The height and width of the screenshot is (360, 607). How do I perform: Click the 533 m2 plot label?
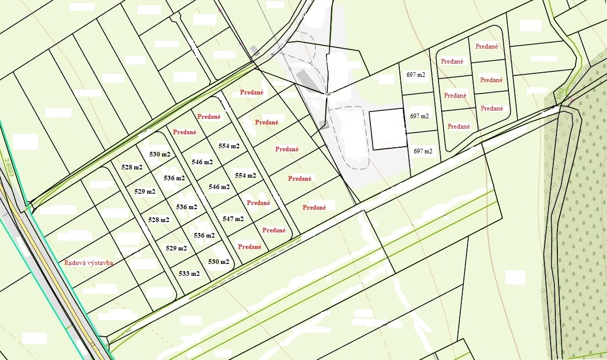coord(189,274)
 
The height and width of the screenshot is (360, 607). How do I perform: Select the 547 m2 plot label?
coord(233,219)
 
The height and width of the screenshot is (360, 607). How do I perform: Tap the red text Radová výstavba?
coord(89,262)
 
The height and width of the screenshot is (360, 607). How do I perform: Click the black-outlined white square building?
coord(387,129)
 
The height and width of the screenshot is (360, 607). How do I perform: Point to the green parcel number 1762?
coord(559,94)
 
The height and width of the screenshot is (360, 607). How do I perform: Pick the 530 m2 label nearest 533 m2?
coord(219,262)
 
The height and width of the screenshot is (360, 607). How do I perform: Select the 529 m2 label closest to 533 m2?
coord(176,248)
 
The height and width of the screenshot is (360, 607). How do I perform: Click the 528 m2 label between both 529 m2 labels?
coord(159,220)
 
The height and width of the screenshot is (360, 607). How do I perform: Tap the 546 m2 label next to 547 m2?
coord(219,187)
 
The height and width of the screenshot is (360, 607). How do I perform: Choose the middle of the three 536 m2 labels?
coord(186,207)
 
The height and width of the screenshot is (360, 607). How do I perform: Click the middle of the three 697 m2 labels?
coord(419,116)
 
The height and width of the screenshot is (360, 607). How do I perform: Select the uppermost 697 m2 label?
coord(415,75)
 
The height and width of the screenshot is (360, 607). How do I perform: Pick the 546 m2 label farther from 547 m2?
coord(202,162)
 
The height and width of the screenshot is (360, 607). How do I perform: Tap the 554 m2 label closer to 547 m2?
coord(245,176)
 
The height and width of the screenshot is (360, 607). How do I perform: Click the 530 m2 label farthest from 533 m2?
coord(160,154)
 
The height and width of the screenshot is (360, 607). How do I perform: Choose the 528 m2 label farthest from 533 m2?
coord(132,167)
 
